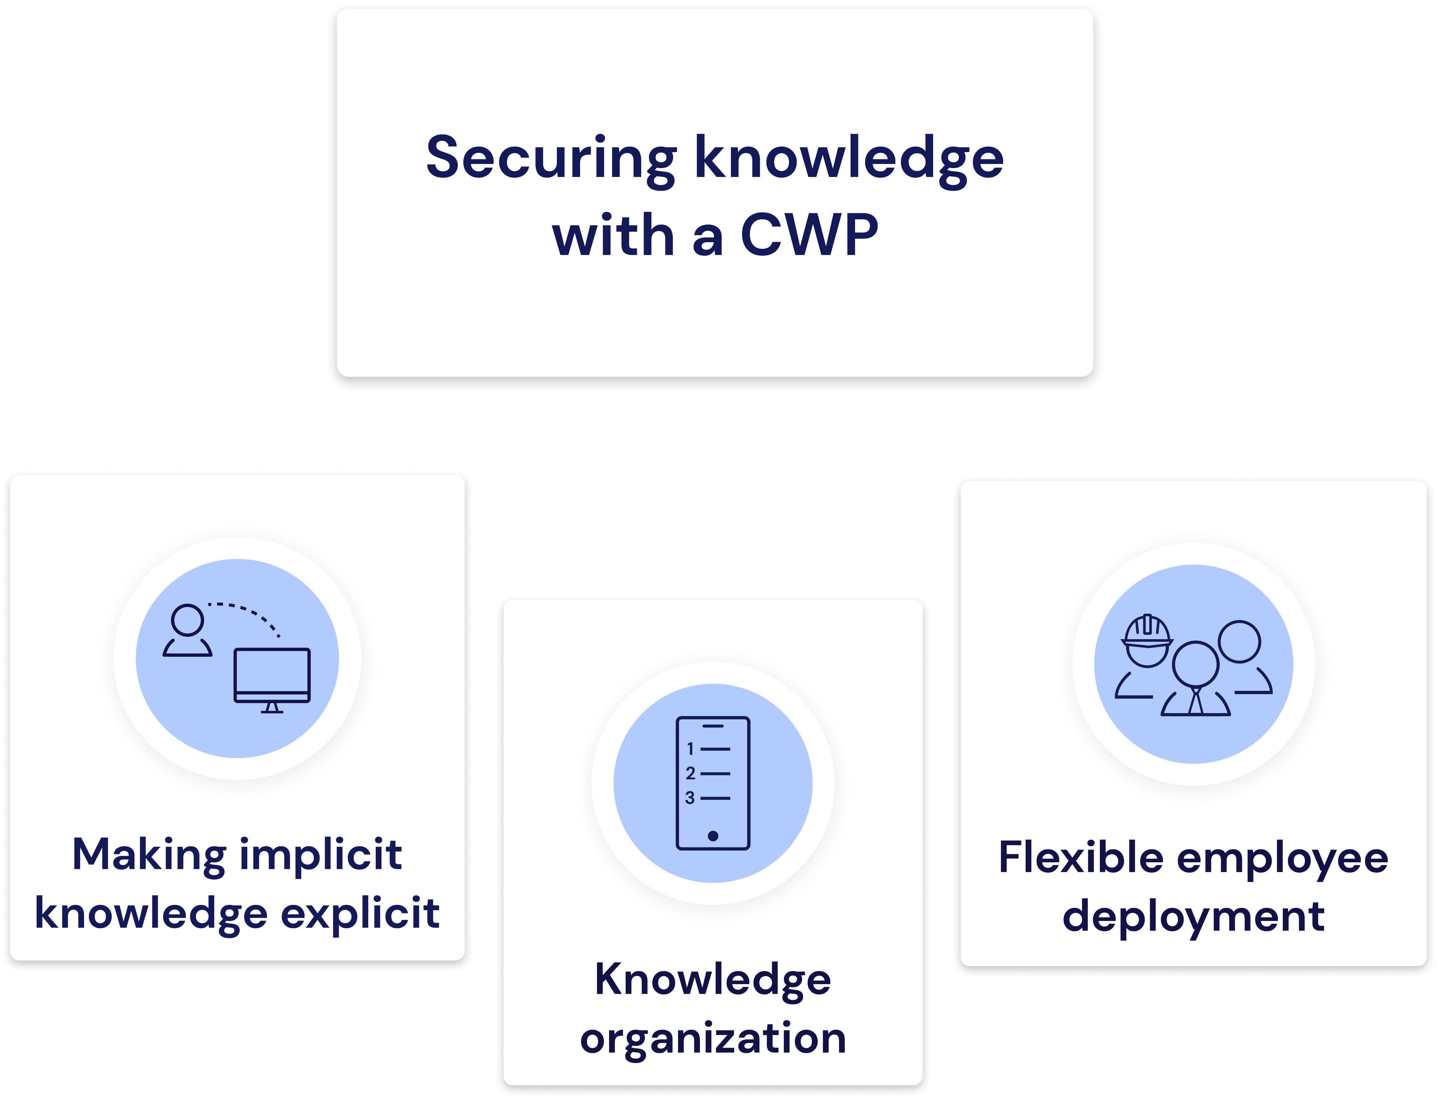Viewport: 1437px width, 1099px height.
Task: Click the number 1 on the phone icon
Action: (690, 748)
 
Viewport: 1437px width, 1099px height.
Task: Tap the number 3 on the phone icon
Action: (690, 798)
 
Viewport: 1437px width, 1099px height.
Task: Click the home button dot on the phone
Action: (713, 836)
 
